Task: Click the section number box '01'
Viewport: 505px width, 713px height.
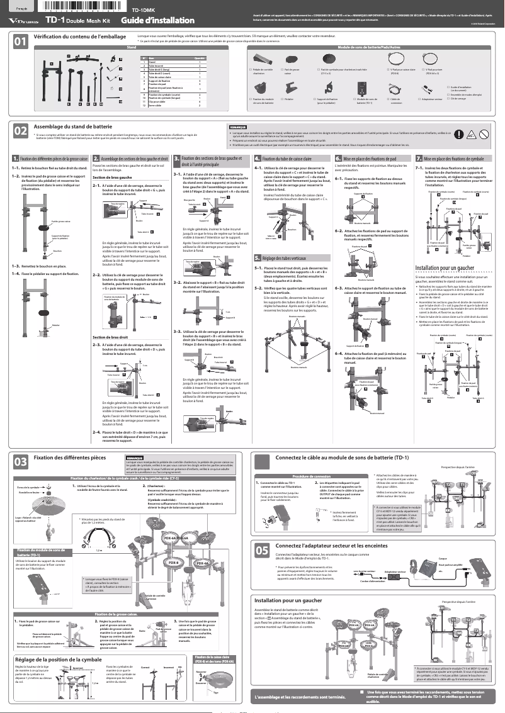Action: tap(21, 43)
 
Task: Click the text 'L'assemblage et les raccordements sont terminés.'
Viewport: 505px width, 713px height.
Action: tap(300, 696)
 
